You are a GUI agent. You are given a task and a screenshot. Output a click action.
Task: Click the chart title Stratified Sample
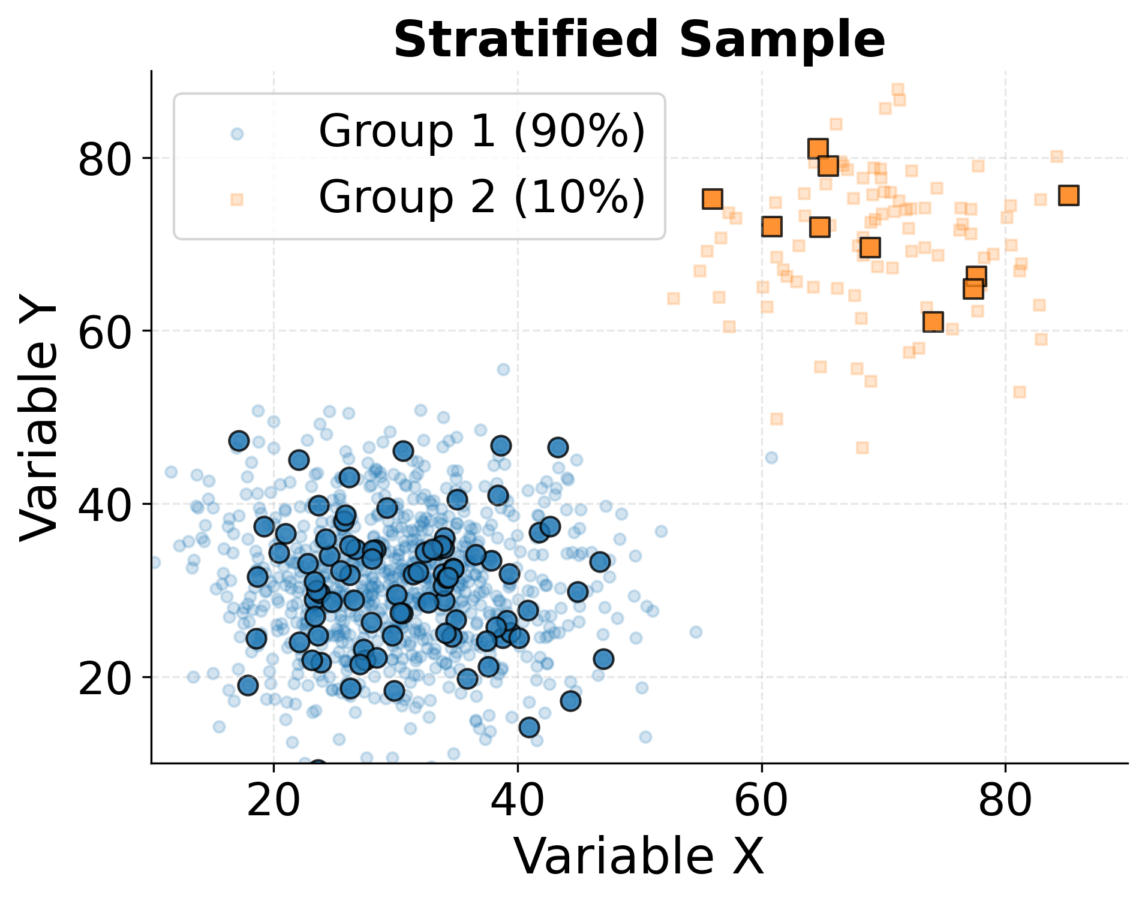tap(639, 40)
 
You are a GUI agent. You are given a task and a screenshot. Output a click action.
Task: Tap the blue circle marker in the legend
tap(237, 134)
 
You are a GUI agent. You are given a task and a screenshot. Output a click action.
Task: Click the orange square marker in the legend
tap(237, 199)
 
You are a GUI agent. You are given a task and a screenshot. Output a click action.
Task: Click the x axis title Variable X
tap(639, 857)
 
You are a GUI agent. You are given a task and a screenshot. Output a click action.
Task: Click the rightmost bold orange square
tap(1069, 195)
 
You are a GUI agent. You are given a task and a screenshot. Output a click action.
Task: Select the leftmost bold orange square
tap(712, 199)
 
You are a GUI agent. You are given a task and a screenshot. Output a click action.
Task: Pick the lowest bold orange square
tap(933, 322)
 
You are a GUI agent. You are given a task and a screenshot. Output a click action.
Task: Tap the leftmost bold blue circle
tap(239, 441)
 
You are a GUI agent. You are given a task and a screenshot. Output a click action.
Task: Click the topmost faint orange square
tap(897, 89)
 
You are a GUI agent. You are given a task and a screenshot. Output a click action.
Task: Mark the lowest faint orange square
tap(862, 448)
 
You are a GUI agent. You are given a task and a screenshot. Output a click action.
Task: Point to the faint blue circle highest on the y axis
tap(503, 369)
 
